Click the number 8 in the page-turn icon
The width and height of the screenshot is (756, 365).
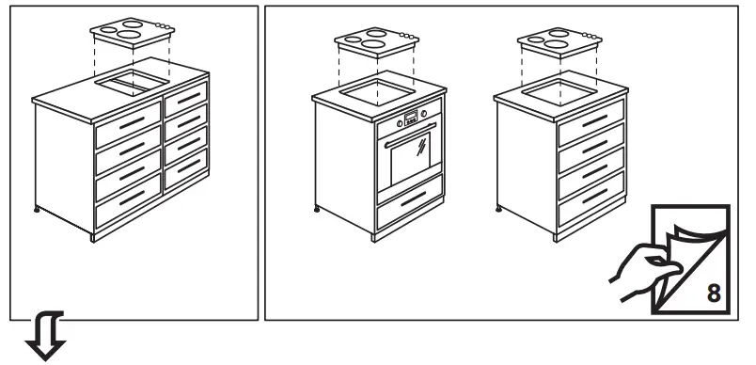[714, 292]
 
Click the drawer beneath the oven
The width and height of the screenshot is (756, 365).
[409, 200]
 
